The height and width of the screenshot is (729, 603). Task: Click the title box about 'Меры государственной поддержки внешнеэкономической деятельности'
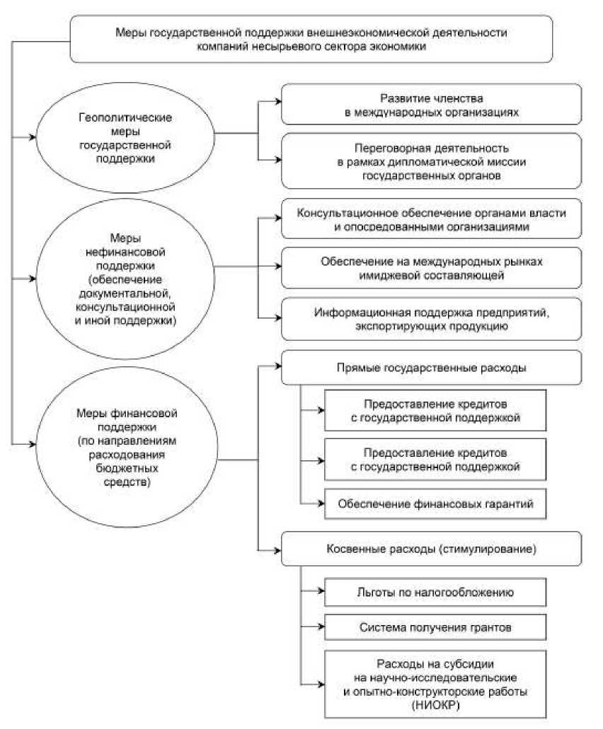click(311, 40)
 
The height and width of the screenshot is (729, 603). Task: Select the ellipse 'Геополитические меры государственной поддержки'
click(125, 134)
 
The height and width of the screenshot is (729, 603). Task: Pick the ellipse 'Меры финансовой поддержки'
click(125, 443)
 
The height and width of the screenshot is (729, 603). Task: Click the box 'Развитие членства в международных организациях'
click(431, 105)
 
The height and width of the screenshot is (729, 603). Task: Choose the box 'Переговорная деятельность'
click(431, 161)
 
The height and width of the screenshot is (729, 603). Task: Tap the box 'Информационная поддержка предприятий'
click(431, 320)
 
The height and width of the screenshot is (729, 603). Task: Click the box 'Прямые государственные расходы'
click(431, 368)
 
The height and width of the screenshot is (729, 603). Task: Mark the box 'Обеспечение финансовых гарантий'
click(435, 504)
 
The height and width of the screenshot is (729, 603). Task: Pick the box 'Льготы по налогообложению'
click(435, 593)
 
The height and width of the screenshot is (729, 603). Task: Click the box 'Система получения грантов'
click(435, 626)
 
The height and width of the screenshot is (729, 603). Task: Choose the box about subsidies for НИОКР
click(435, 682)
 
